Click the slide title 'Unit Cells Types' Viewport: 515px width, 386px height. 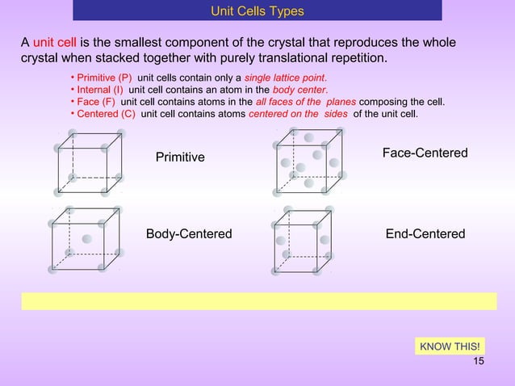point(257,10)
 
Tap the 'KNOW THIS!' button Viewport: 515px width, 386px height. point(450,347)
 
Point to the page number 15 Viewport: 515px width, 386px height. point(478,361)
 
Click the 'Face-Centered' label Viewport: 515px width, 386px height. point(425,153)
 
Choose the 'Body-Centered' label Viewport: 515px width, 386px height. point(189,234)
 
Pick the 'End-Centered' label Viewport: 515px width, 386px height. point(425,234)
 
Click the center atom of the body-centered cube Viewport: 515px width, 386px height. point(86,239)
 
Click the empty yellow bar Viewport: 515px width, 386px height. point(258,300)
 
